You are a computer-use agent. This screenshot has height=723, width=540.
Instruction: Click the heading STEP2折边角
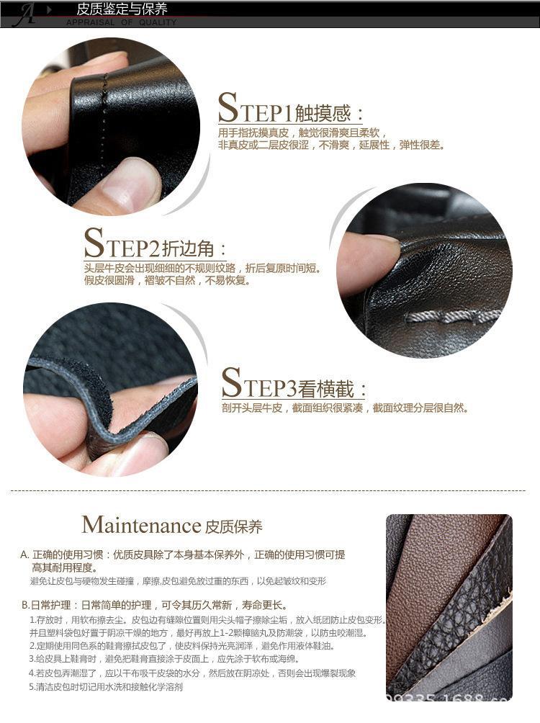point(155,246)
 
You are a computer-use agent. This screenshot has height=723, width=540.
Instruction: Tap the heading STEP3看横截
point(293,385)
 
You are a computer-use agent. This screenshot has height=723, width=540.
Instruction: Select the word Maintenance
point(140,524)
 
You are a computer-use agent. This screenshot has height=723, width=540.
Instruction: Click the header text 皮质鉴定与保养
point(122,9)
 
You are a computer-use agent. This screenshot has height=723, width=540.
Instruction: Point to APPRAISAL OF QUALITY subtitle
point(121,22)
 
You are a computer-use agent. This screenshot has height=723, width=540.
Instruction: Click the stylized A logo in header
point(27,14)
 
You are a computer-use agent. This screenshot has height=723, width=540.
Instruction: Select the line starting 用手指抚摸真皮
point(302,133)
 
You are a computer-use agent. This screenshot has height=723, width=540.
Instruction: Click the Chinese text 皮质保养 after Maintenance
point(234,526)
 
